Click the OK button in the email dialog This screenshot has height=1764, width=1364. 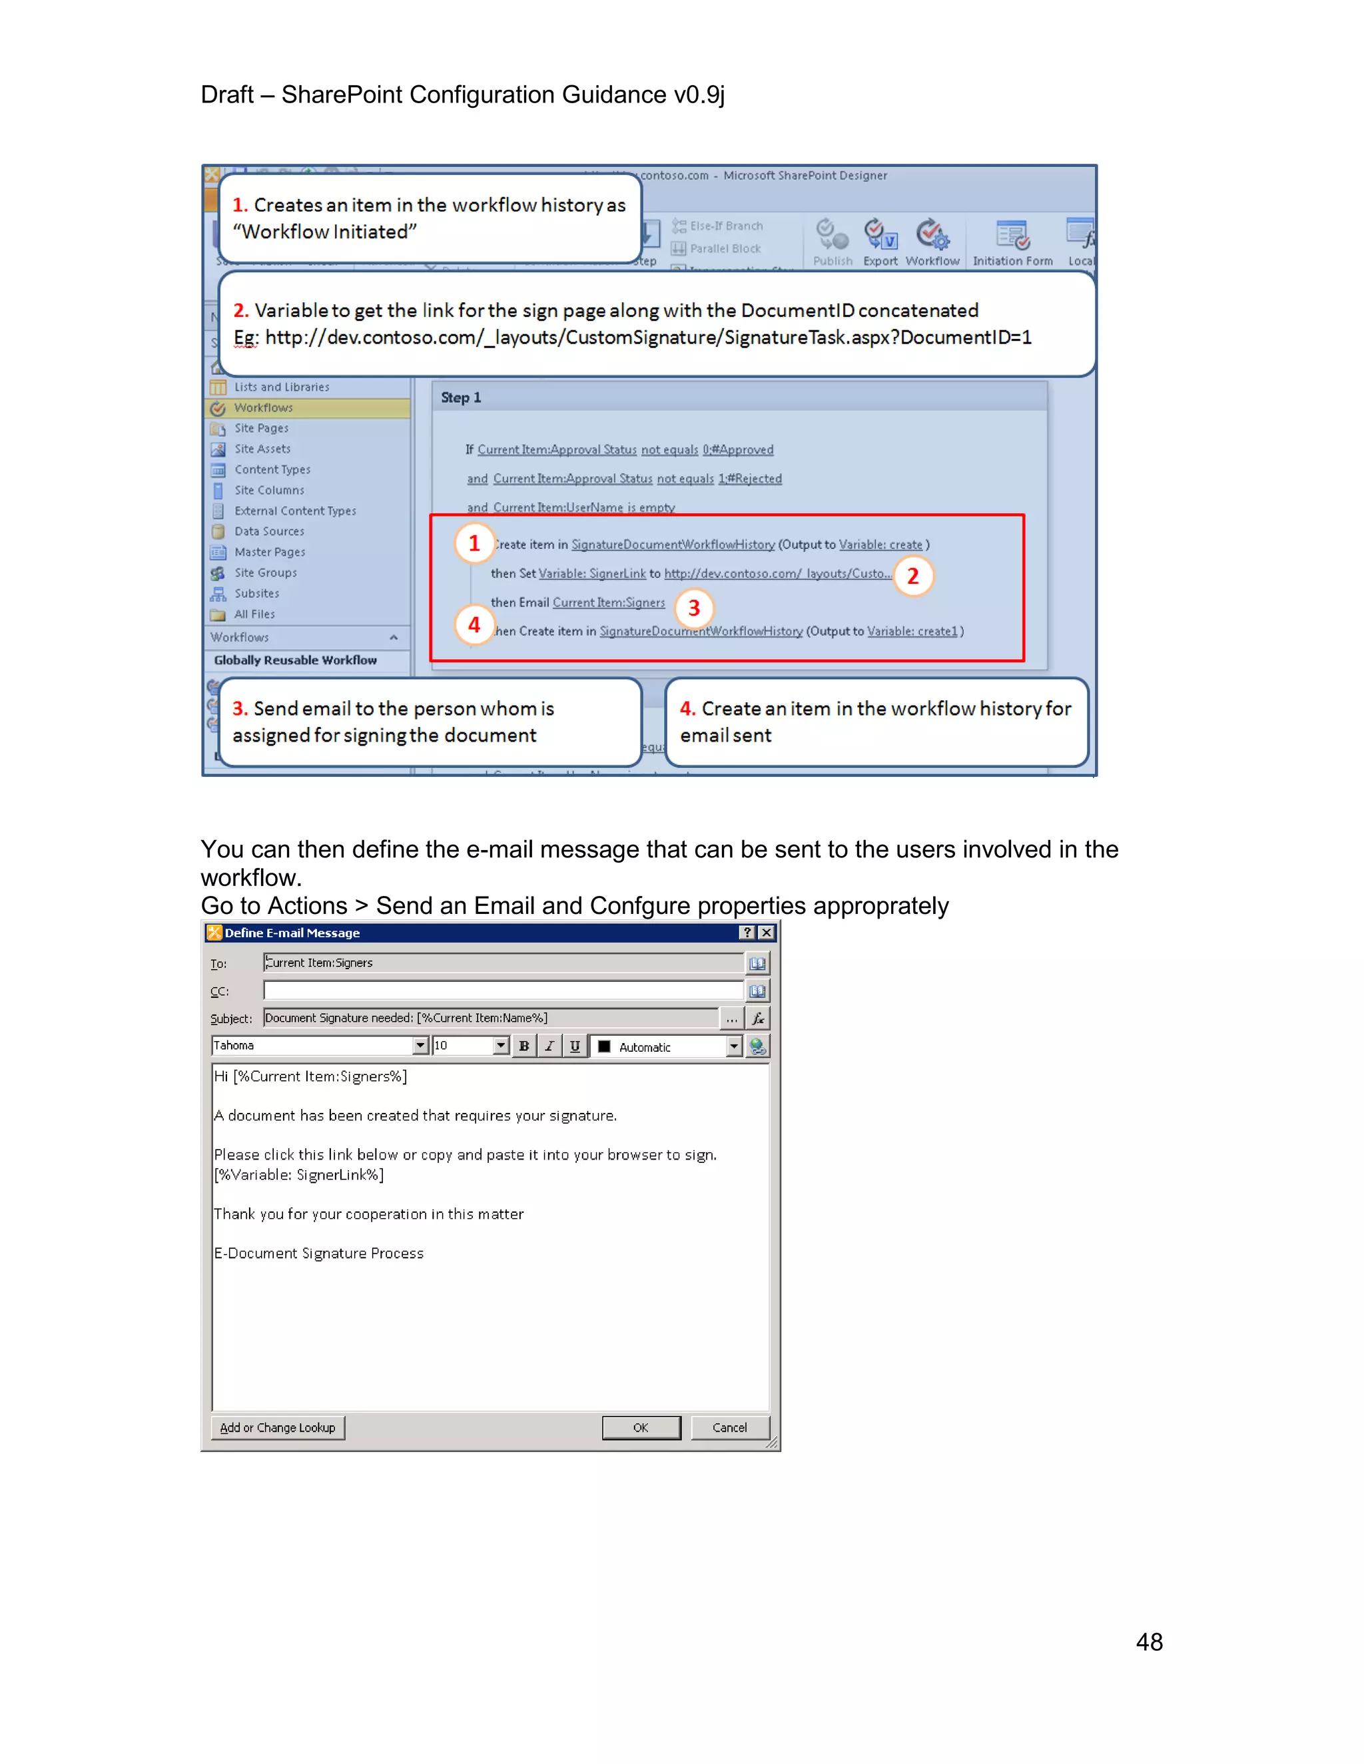(641, 1427)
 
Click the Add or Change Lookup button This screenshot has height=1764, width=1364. (277, 1427)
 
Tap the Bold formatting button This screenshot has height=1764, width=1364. (523, 1046)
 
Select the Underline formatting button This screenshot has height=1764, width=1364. (575, 1046)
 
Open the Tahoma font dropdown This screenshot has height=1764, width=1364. (420, 1046)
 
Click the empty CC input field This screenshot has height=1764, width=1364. (503, 991)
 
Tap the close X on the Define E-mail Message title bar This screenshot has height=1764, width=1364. (766, 932)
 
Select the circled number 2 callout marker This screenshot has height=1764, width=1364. (913, 576)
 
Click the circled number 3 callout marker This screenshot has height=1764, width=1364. (693, 608)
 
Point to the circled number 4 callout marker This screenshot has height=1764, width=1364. (474, 624)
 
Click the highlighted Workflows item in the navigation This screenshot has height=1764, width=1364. (264, 408)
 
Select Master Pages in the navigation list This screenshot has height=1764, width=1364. (270, 552)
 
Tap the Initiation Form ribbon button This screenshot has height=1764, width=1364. (1012, 242)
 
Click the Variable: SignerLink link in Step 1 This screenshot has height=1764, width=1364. (592, 573)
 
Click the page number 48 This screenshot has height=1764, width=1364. (1148, 1642)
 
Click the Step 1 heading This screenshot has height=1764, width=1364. (461, 397)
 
